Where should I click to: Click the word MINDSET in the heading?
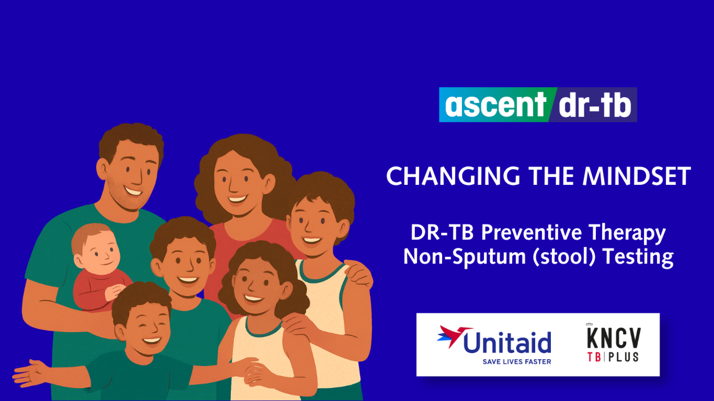click(x=637, y=176)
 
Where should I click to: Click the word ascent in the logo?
click(x=495, y=105)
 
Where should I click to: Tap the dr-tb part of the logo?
click(x=595, y=105)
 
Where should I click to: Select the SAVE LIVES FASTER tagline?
click(x=517, y=362)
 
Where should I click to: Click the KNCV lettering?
click(x=614, y=338)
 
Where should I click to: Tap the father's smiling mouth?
click(x=133, y=191)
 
